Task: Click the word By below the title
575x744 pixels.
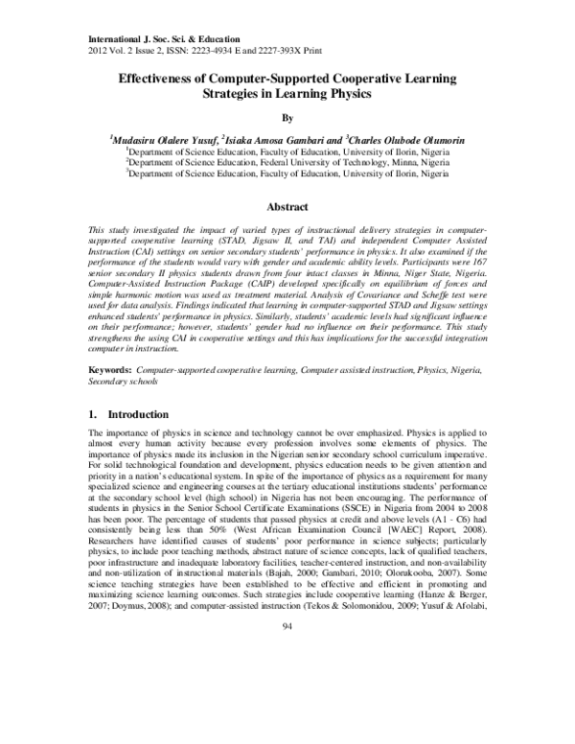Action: pos(287,120)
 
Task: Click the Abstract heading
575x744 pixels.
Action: pos(287,207)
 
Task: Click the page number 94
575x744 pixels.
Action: pos(287,707)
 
